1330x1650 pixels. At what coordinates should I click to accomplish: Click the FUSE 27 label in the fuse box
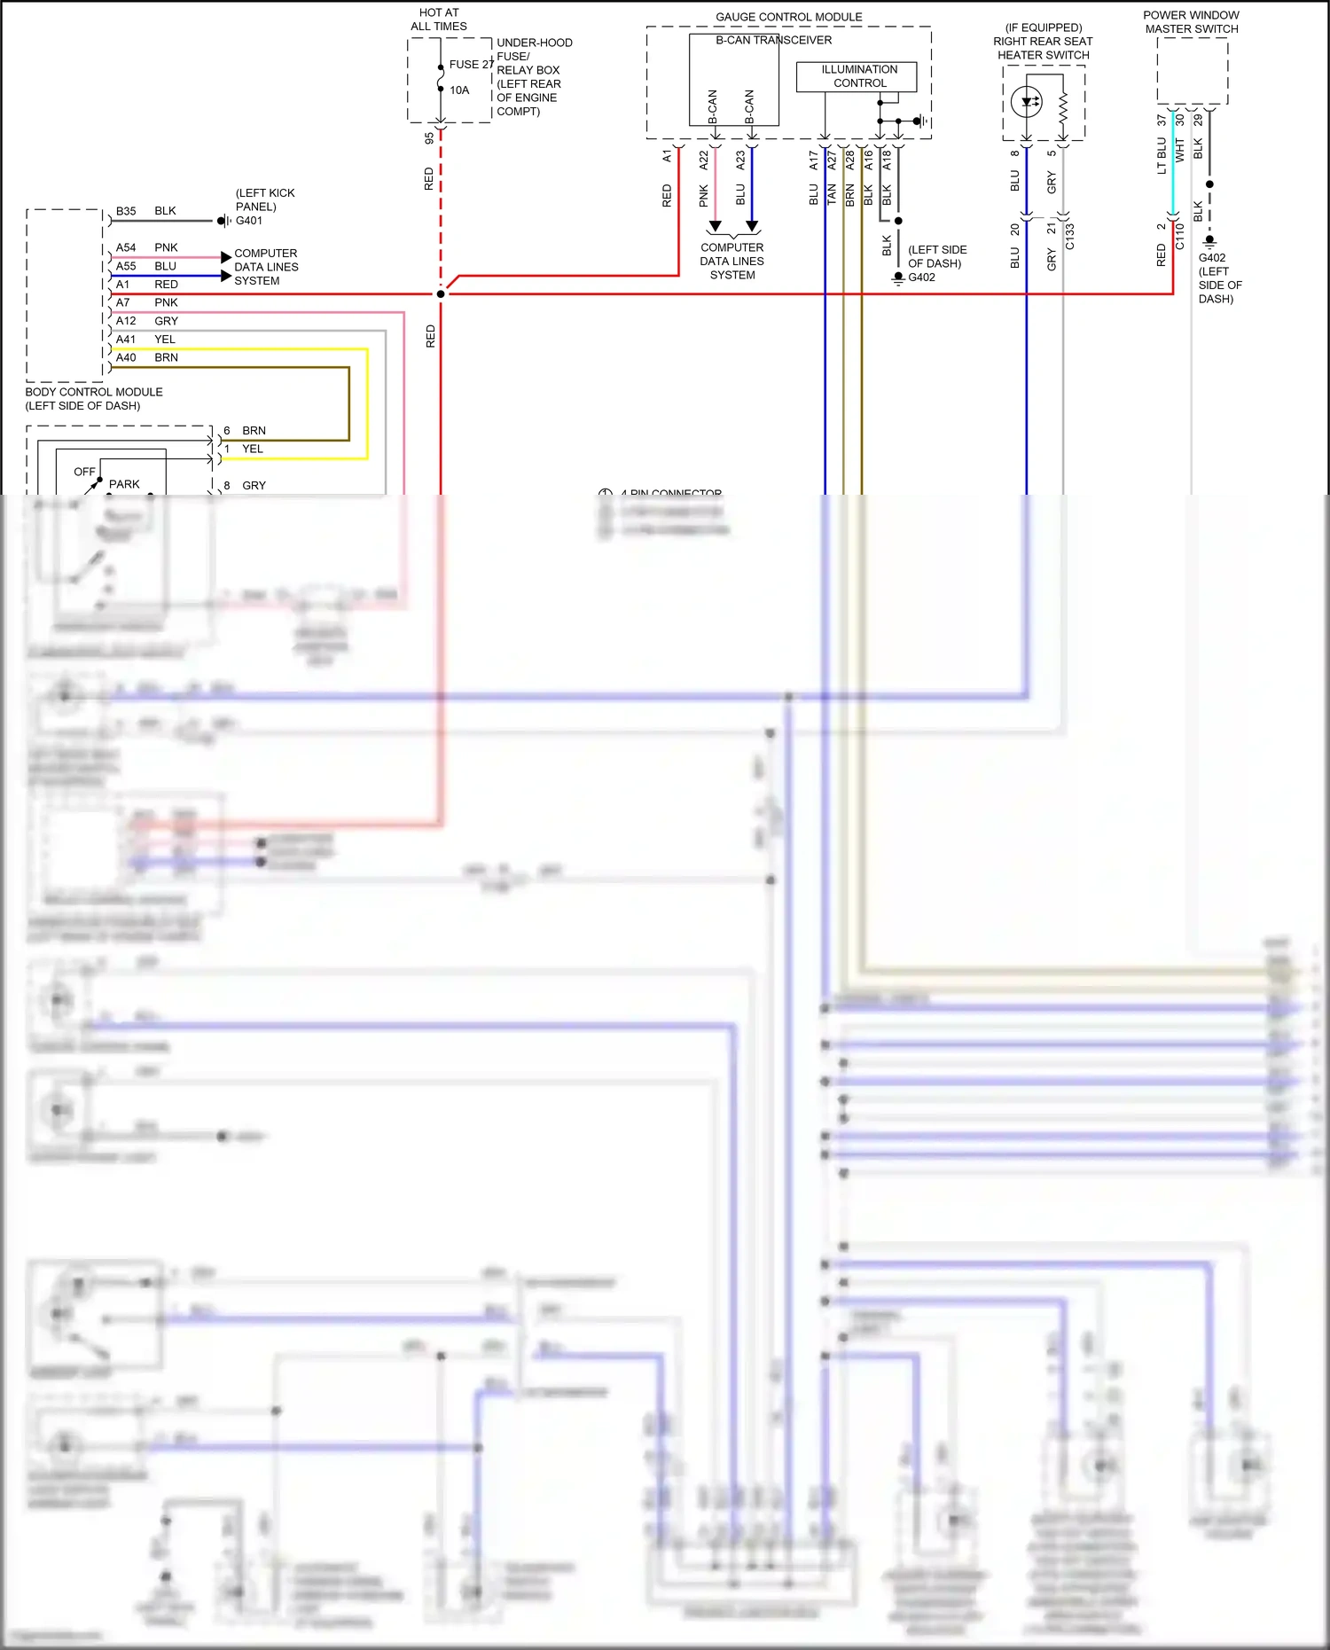470,64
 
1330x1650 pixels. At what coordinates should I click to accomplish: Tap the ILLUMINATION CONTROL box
858,76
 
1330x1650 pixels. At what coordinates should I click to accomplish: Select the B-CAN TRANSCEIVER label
773,40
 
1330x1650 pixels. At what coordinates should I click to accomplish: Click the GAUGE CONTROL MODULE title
788,17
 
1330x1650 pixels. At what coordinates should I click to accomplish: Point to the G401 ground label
249,221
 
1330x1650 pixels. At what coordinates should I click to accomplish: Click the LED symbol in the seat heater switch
1026,102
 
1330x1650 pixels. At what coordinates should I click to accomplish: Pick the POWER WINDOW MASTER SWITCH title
1191,22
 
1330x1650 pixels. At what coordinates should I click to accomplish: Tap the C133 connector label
1069,236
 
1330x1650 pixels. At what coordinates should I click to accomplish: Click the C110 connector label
1179,236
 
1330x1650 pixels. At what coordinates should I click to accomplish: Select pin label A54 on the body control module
126,247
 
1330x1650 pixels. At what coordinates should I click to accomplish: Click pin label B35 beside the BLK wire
126,211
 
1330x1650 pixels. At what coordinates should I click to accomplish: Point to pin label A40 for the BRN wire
126,357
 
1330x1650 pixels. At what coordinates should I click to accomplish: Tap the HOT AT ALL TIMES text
439,20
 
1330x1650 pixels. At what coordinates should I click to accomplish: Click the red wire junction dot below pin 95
441,293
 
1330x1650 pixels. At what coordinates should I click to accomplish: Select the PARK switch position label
124,484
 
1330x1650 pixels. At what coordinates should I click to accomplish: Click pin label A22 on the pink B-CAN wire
703,160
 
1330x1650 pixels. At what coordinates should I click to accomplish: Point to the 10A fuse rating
459,90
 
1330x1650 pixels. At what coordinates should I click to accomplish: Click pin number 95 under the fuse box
429,138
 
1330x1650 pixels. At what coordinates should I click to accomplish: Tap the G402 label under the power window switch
1212,258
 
